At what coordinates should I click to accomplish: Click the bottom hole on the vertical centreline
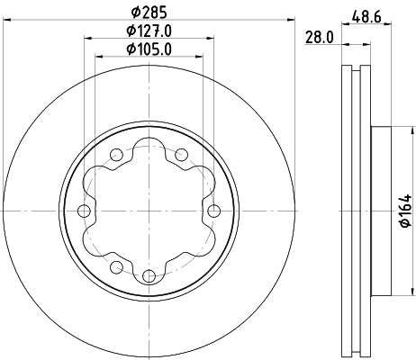coord(149,274)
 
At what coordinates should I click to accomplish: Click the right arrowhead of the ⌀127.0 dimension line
coord(212,38)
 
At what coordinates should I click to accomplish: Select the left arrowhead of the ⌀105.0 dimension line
coord(99,57)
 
